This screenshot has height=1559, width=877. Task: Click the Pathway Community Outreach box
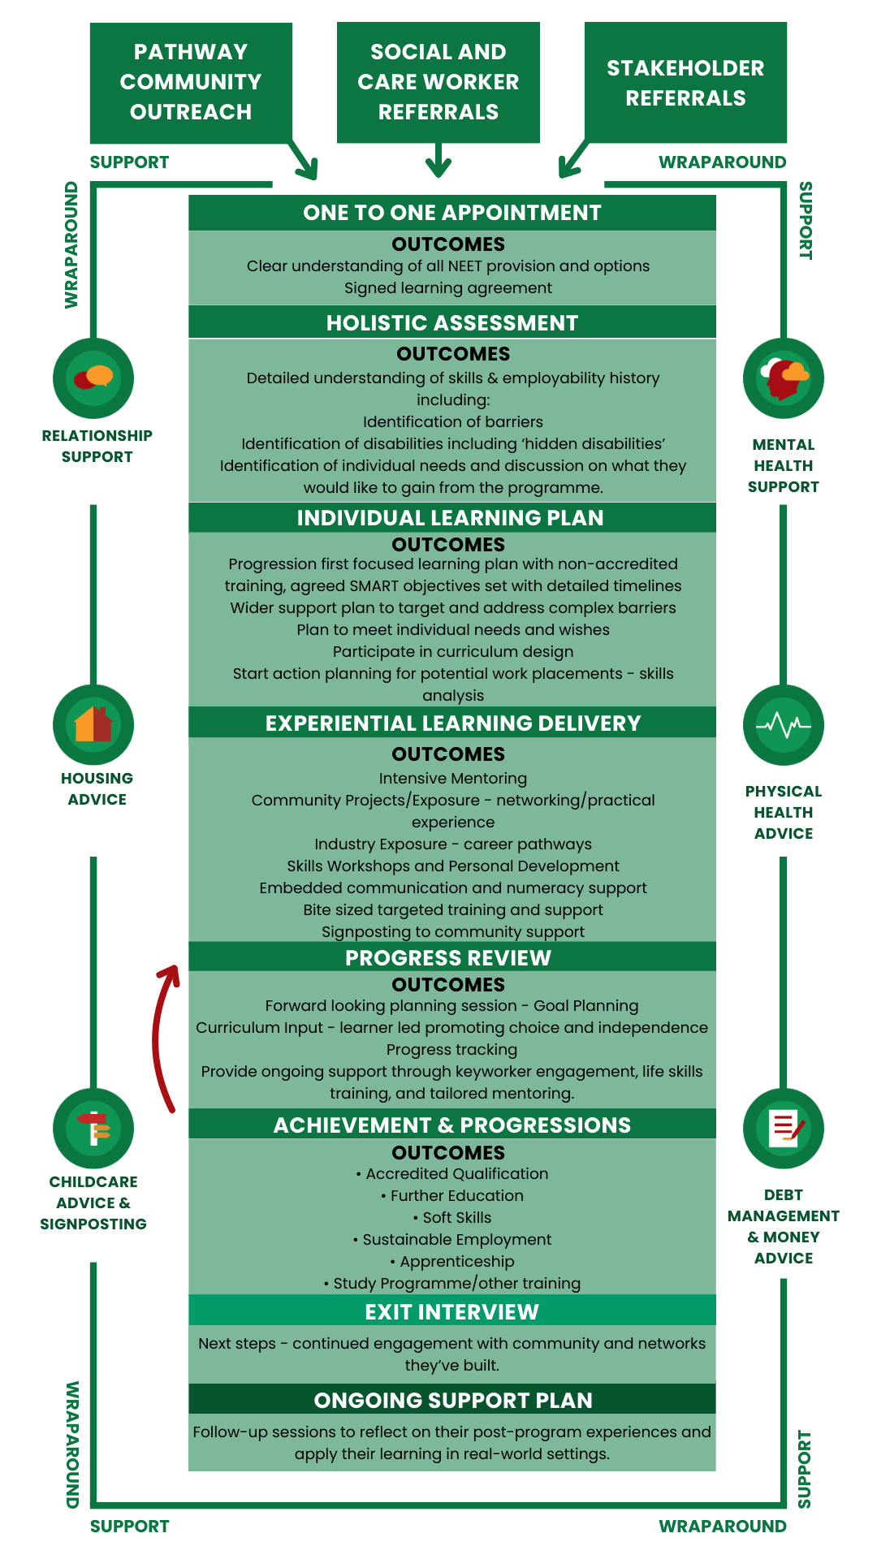tap(191, 82)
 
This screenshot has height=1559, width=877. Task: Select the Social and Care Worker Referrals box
tap(438, 82)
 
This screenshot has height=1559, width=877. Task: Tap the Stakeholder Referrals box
tap(685, 82)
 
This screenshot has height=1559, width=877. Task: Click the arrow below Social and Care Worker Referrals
tap(438, 160)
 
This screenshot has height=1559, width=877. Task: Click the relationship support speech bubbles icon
tap(93, 378)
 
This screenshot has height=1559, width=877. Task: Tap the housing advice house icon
tap(93, 724)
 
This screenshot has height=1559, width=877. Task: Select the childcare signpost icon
tap(93, 1128)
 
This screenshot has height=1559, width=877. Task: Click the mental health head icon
tap(784, 378)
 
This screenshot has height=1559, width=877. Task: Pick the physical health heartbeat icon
tap(784, 724)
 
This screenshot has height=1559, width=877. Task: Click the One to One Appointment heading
tap(452, 213)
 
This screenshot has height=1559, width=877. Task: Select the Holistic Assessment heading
tap(452, 323)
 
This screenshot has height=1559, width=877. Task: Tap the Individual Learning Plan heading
tap(451, 518)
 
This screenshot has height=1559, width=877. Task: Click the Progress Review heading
tap(448, 958)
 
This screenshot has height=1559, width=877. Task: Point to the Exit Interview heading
tap(452, 1312)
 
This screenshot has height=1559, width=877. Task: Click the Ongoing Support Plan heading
tap(453, 1401)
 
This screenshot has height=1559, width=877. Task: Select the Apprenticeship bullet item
tap(452, 1262)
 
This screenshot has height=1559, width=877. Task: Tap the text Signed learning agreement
tap(448, 288)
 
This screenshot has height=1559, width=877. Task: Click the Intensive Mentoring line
tap(453, 779)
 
